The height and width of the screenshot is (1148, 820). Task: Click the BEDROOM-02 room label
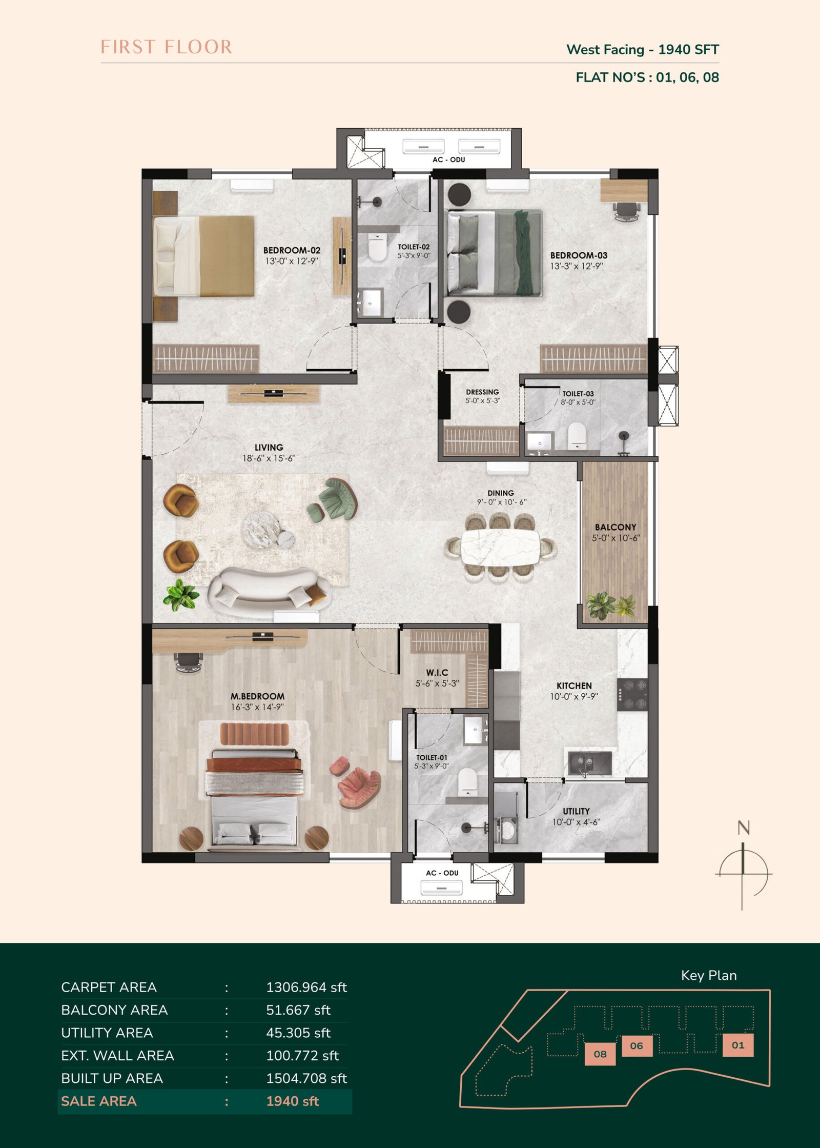point(292,250)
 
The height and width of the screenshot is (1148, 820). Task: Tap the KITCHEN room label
point(574,686)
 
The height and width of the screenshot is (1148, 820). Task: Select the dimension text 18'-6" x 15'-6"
point(269,458)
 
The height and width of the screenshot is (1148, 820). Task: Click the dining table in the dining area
point(500,547)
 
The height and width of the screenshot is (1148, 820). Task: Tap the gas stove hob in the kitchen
point(632,694)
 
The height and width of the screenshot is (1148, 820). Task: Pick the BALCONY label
point(616,527)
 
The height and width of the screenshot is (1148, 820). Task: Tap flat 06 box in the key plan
point(637,1046)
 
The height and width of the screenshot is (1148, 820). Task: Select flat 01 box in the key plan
point(738,1045)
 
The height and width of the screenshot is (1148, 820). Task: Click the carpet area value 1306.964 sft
point(306,988)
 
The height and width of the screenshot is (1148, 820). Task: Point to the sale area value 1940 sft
point(293,1101)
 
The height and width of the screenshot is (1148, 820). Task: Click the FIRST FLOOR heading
point(166,47)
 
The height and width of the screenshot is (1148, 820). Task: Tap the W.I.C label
point(437,672)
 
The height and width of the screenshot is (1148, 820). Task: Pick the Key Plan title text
point(709,976)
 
